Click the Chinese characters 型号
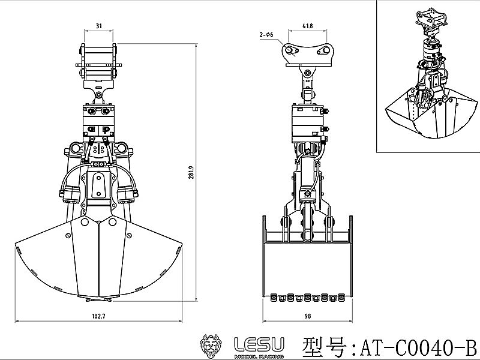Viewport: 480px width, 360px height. pyautogui.click(x=323, y=346)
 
